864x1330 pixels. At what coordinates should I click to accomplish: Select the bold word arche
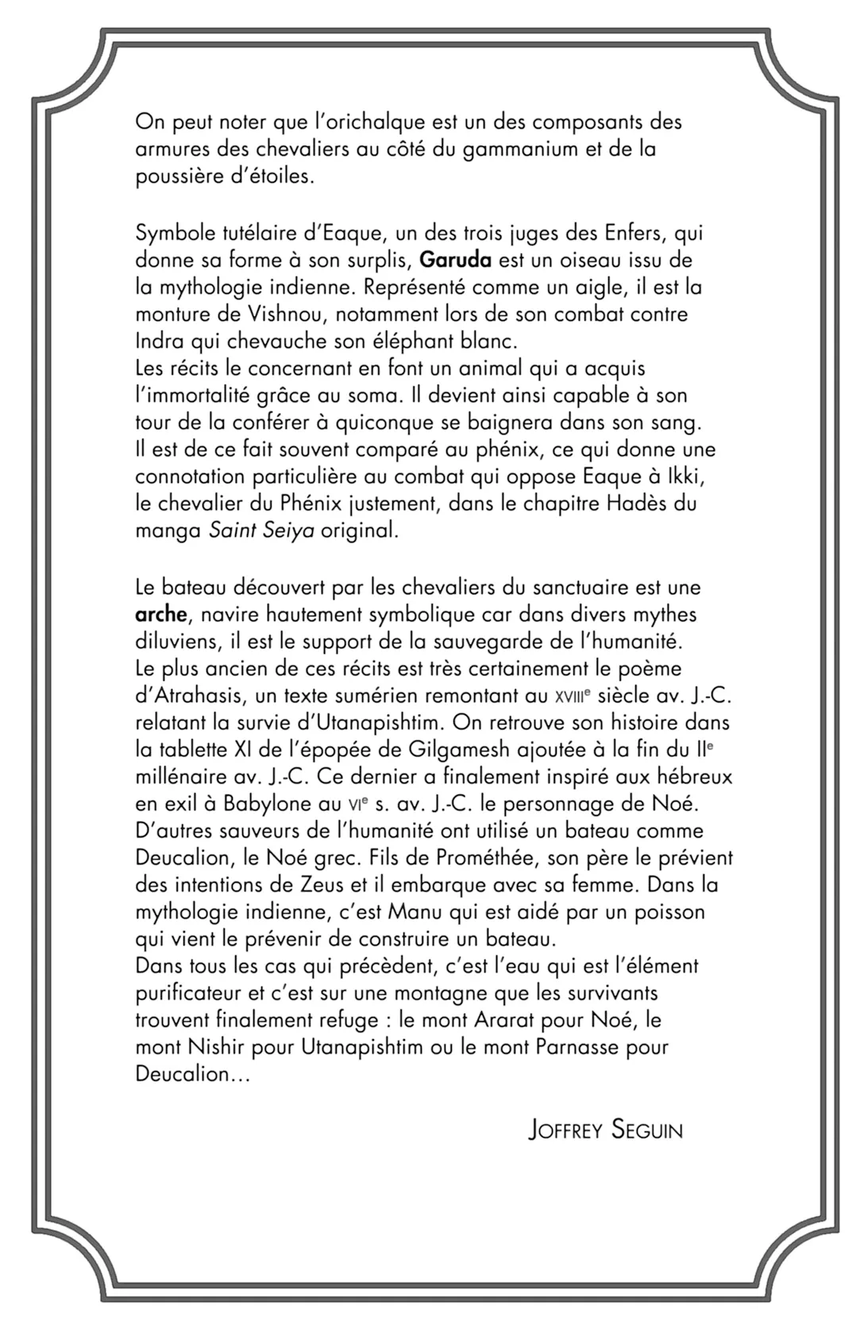pyautogui.click(x=161, y=616)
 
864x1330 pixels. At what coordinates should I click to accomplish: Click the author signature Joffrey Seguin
pyautogui.click(x=605, y=1130)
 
